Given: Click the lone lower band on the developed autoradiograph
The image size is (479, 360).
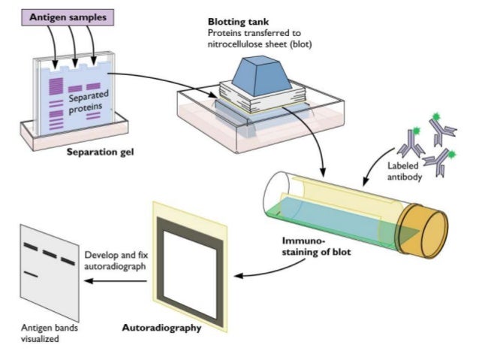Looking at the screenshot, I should tap(31, 275).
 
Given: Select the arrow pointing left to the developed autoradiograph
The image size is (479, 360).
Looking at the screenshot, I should tap(113, 280).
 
